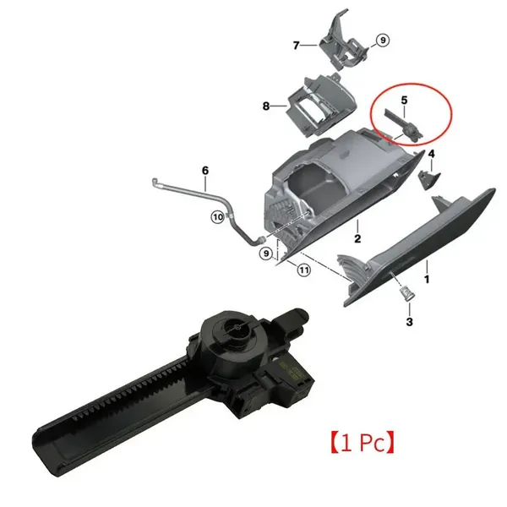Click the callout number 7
click(x=296, y=46)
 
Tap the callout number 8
click(x=266, y=106)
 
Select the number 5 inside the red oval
click(x=404, y=101)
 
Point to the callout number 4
click(x=431, y=154)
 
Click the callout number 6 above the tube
click(x=205, y=171)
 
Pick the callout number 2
click(x=357, y=238)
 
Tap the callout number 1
click(x=427, y=279)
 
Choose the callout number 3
click(x=409, y=322)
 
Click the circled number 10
click(x=218, y=216)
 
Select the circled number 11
click(x=303, y=270)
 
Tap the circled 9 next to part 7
click(x=383, y=41)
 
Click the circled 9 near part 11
click(x=266, y=253)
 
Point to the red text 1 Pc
click(x=363, y=442)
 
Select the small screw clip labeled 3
click(x=405, y=293)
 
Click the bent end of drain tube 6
click(x=155, y=182)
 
